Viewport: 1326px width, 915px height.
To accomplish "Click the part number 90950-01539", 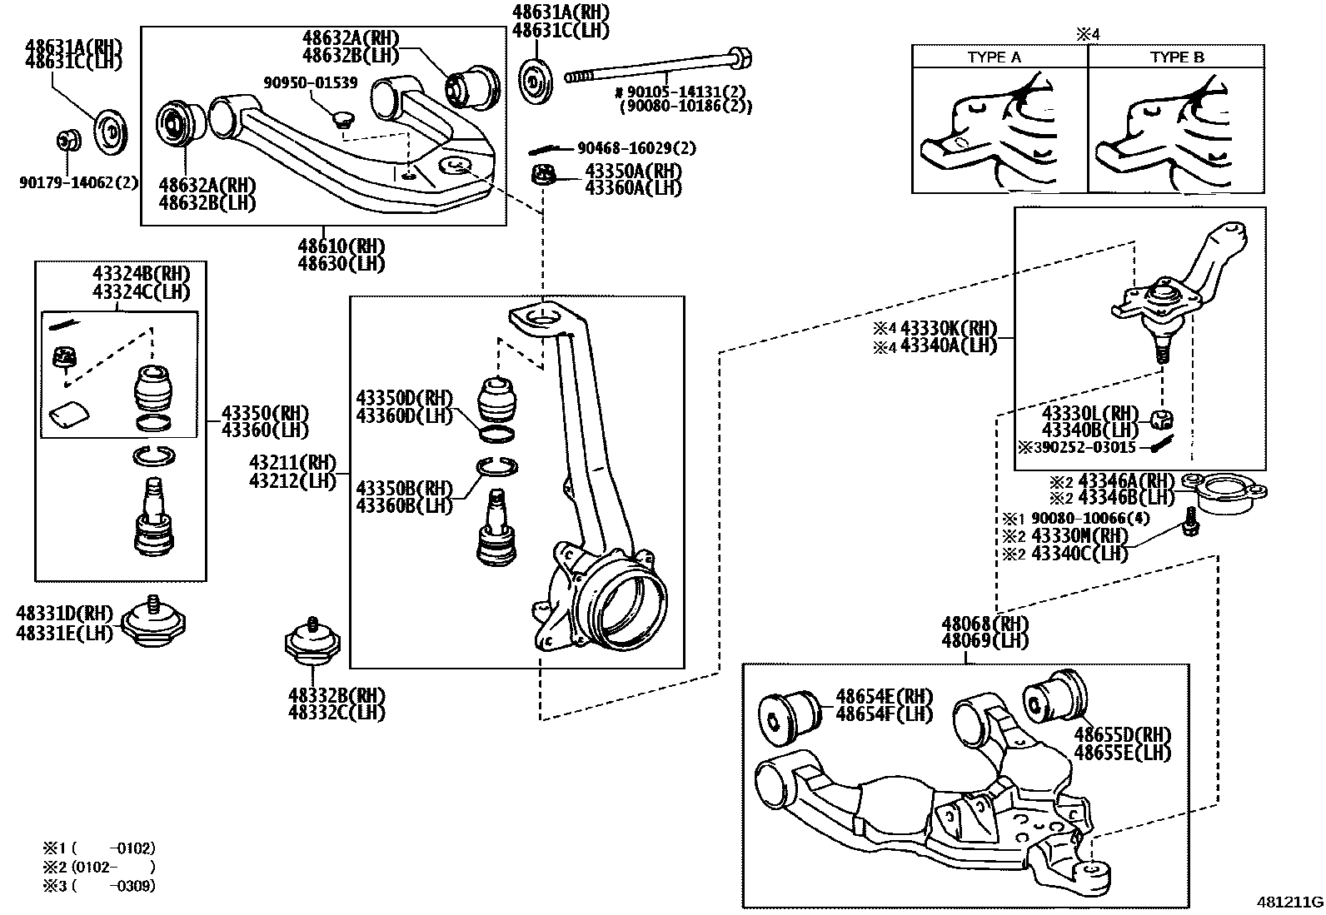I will point(311,82).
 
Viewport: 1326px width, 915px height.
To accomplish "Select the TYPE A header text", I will point(994,57).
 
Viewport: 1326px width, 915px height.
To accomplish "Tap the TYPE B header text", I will point(1177,57).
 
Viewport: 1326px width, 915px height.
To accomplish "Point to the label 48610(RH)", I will point(341,246).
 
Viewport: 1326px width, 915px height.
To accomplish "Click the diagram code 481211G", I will point(1289,902).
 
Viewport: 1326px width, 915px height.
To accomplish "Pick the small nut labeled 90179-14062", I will point(67,141).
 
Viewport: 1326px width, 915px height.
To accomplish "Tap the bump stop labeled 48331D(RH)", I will point(154,623).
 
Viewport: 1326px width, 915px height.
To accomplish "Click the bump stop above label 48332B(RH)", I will point(313,644).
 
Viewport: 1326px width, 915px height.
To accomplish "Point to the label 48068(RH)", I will point(985,624).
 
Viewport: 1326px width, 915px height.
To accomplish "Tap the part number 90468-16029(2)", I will point(636,148).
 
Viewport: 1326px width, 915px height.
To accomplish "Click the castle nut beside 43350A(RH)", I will point(544,177).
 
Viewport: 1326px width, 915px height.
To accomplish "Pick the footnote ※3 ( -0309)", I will point(99,885).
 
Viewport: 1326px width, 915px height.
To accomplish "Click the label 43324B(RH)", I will point(141,274).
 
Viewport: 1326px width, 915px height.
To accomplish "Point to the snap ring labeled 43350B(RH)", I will point(497,469).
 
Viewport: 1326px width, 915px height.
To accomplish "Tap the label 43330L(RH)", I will point(1089,413).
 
